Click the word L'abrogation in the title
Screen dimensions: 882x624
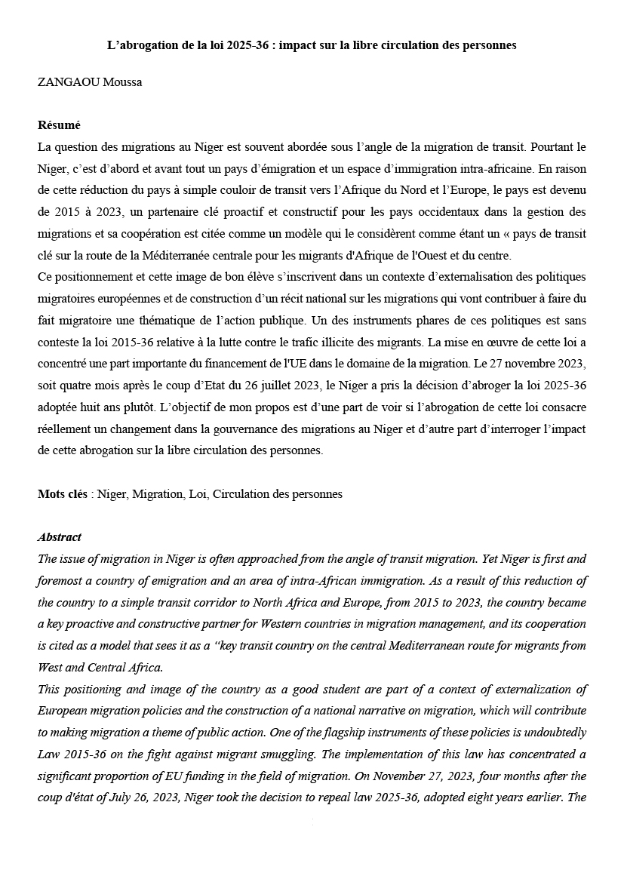pos(139,45)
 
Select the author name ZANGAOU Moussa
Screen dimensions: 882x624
pos(90,82)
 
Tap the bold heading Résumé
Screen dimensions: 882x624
pos(59,125)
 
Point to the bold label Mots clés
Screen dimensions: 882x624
pos(63,494)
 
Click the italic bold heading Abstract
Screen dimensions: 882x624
pos(60,537)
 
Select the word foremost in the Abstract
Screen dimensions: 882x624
pos(62,581)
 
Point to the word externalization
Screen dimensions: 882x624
pos(518,690)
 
